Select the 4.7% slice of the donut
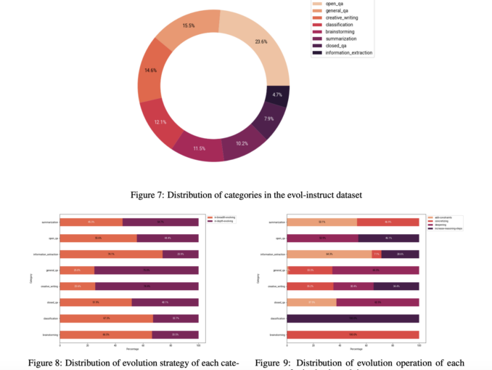point(276,95)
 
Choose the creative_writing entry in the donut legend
point(347,18)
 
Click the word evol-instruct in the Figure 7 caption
point(322,194)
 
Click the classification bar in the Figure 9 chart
point(353,318)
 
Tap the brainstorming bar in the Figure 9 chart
point(353,334)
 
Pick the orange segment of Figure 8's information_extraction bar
point(111,254)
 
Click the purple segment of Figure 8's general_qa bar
point(146,270)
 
